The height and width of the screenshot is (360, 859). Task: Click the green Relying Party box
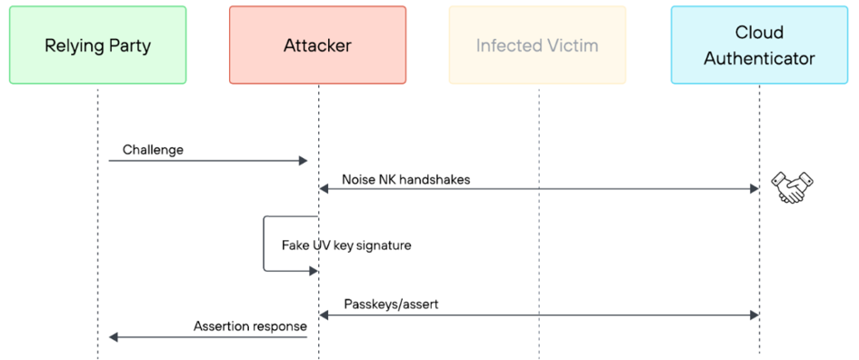[97, 45]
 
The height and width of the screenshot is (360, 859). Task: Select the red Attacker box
[318, 45]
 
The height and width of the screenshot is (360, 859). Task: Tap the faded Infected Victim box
[537, 45]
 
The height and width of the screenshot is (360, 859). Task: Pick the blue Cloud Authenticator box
[759, 45]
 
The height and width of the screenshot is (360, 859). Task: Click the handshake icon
[792, 187]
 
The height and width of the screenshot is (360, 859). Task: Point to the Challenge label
[153, 150]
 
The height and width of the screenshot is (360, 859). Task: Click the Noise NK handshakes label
[406, 180]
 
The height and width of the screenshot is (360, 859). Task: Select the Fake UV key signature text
[346, 245]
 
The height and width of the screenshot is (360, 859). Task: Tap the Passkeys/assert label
[391, 305]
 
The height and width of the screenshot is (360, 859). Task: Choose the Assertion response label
[250, 326]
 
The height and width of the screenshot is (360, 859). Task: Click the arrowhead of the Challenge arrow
[303, 161]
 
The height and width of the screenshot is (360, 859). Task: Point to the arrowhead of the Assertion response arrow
[114, 337]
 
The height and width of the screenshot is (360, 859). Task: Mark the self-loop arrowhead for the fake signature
[314, 271]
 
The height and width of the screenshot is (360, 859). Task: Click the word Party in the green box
[130, 46]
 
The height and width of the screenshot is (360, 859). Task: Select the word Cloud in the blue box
[759, 33]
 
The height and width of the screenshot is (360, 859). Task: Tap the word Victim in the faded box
[574, 45]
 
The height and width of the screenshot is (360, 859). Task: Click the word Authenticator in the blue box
[759, 58]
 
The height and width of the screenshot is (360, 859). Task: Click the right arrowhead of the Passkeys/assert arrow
[754, 315]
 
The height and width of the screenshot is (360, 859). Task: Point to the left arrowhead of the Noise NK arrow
[325, 189]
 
